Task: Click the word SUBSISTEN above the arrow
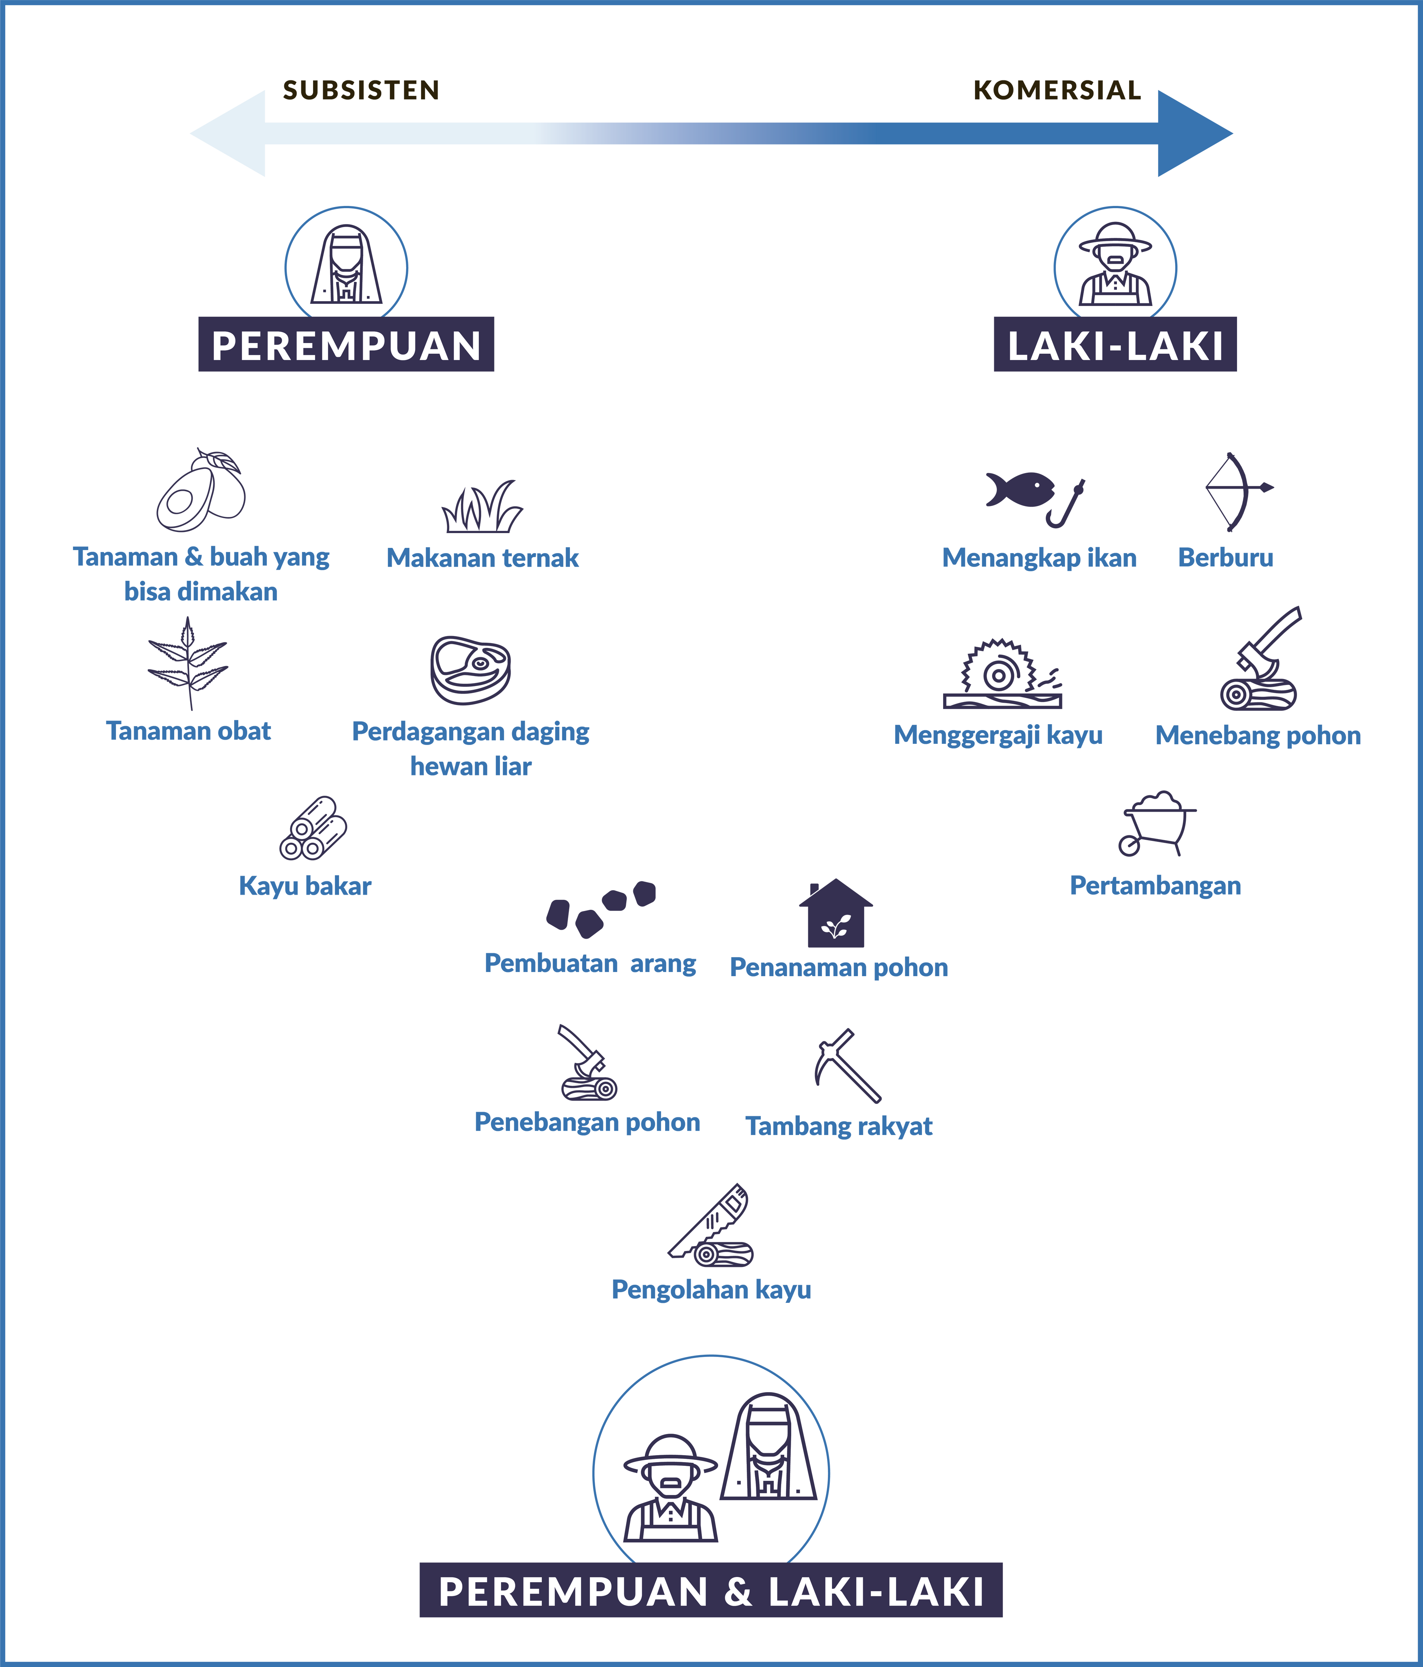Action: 361,90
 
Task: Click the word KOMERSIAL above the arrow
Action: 1057,90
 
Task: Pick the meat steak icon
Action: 470,669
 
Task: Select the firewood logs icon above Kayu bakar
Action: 313,828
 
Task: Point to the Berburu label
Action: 1225,558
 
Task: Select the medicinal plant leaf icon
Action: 188,664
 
